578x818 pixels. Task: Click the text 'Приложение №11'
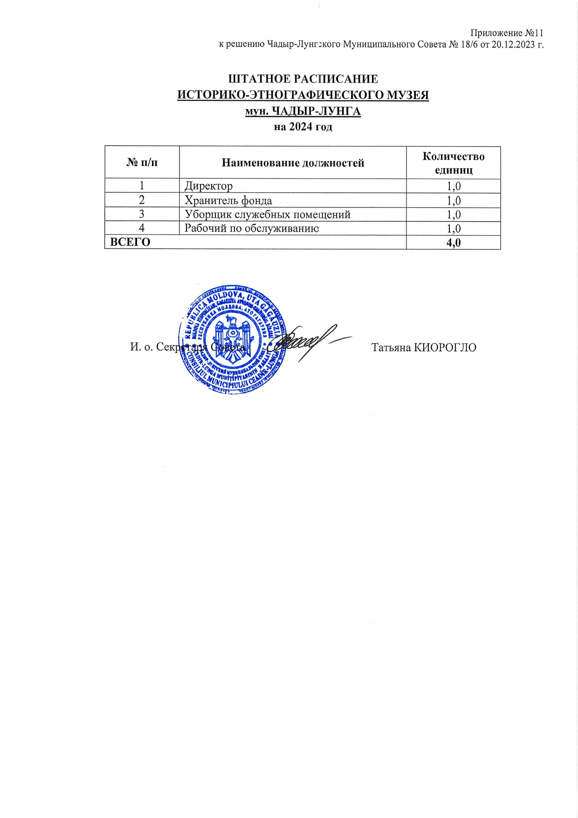[507, 33]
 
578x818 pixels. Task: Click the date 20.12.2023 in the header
[513, 45]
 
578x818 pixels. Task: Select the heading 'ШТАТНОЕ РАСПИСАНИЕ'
[303, 79]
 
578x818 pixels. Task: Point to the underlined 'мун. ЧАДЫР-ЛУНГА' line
[303, 111]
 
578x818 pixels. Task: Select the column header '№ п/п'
[142, 163]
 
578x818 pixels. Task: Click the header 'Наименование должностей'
[293, 163]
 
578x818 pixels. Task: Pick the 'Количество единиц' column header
[453, 163]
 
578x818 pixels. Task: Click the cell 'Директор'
[208, 186]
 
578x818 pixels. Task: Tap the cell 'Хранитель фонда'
[228, 200]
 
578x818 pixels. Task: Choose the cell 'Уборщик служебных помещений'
[268, 214]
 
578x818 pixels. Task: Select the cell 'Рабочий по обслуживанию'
[252, 228]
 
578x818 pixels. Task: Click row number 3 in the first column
[142, 214]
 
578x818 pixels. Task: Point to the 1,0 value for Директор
[454, 186]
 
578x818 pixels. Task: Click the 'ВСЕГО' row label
[130, 242]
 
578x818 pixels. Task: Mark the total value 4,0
[454, 242]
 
